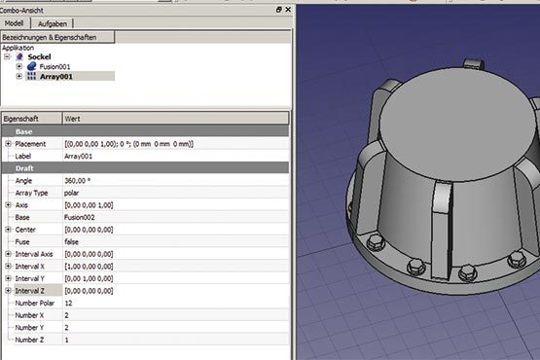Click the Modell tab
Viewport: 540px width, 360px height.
(15, 23)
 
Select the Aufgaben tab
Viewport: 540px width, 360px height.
(53, 23)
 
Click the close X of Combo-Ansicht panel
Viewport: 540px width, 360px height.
(288, 10)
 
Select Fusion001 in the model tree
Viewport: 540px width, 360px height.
(54, 66)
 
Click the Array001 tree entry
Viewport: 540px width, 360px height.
(56, 77)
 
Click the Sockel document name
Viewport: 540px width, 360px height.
(39, 56)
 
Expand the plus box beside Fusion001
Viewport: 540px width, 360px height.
(18, 66)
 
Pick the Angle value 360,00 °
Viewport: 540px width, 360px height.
(77, 181)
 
